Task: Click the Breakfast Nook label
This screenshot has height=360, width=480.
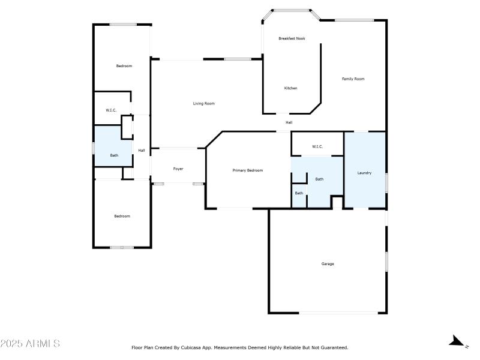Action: click(x=292, y=38)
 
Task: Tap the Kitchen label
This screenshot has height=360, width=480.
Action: click(x=290, y=88)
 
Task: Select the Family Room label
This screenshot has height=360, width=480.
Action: click(x=353, y=79)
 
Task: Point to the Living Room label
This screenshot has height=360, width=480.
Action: click(x=203, y=103)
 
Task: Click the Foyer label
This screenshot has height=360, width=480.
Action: click(x=178, y=169)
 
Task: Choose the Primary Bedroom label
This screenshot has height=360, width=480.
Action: click(x=248, y=170)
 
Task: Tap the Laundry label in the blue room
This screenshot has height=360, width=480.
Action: click(x=364, y=173)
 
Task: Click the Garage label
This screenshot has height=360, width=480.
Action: click(x=328, y=264)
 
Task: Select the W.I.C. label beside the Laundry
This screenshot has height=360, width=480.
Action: click(x=317, y=146)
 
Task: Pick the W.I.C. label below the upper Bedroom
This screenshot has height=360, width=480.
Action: click(x=111, y=110)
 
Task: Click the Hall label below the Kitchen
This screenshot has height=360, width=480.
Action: click(x=289, y=122)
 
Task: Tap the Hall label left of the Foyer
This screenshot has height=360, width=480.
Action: click(x=142, y=151)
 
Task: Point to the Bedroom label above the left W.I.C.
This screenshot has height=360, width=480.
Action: click(x=124, y=65)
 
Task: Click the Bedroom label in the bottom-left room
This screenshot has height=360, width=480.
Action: click(x=122, y=216)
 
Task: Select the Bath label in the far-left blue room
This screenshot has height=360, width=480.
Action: click(x=114, y=155)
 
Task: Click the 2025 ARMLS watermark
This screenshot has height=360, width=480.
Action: click(x=30, y=344)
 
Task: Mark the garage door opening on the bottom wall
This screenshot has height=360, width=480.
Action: click(x=338, y=313)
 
